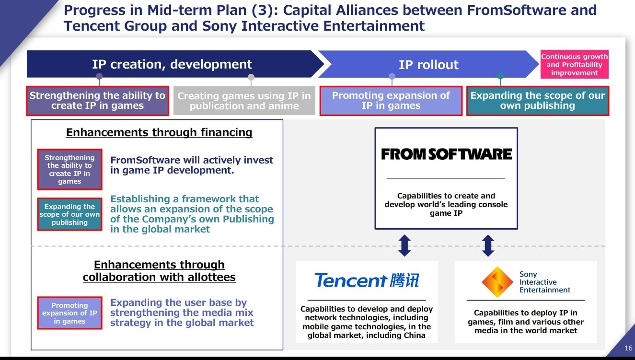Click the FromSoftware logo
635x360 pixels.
(x=446, y=154)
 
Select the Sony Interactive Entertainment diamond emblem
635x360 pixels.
(x=497, y=282)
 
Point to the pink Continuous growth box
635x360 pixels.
(x=574, y=65)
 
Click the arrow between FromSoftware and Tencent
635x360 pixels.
(x=404, y=245)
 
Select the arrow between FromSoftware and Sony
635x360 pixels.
(x=488, y=245)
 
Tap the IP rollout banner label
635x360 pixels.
(x=428, y=65)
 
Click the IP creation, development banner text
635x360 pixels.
(x=172, y=64)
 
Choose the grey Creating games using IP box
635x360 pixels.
(x=244, y=101)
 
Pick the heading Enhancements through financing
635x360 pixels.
(x=159, y=132)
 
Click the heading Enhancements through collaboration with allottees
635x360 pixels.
(x=159, y=271)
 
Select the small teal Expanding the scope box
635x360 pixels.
(x=69, y=214)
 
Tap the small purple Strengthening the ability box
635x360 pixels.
(x=69, y=169)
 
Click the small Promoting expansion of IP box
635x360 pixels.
(x=69, y=313)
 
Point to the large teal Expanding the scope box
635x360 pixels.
(x=537, y=101)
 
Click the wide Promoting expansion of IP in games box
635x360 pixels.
(x=391, y=101)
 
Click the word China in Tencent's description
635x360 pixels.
(x=410, y=335)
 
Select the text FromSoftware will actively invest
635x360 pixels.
(x=192, y=160)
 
